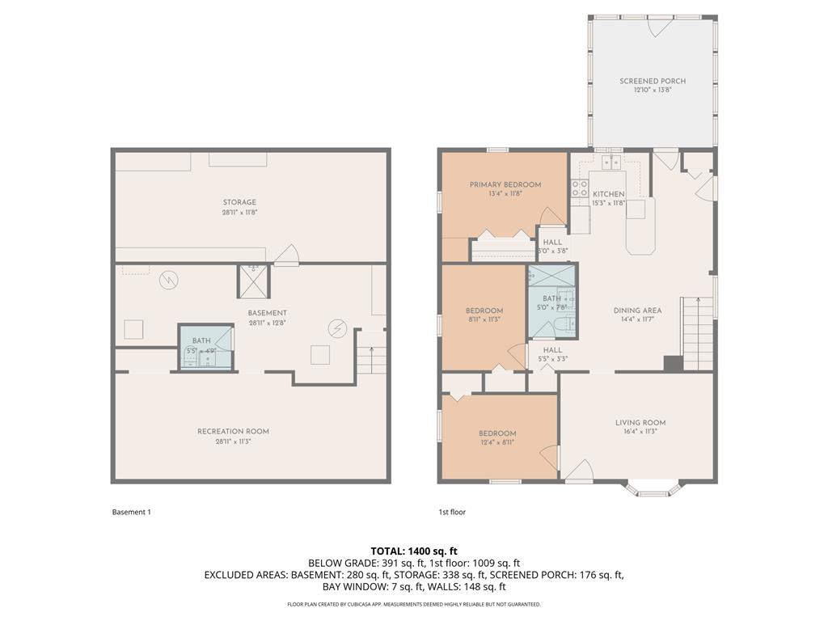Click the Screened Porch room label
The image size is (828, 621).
[652, 82]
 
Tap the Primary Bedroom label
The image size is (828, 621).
[505, 185]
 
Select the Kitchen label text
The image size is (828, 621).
[608, 195]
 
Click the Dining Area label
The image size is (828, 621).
[637, 310]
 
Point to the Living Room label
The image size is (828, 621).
[640, 423]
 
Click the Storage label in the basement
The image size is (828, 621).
[239, 203]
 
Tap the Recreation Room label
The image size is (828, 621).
[233, 432]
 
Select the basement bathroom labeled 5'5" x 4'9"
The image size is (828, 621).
[202, 347]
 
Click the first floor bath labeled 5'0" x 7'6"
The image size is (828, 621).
[551, 303]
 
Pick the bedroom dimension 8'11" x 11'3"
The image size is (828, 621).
[484, 319]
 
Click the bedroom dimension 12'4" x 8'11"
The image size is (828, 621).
[496, 442]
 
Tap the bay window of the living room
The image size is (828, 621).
[654, 488]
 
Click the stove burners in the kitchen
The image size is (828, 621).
[580, 189]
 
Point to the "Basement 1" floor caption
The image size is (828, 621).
[131, 512]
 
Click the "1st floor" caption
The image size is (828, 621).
[452, 512]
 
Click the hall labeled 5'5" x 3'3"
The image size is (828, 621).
[552, 355]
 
